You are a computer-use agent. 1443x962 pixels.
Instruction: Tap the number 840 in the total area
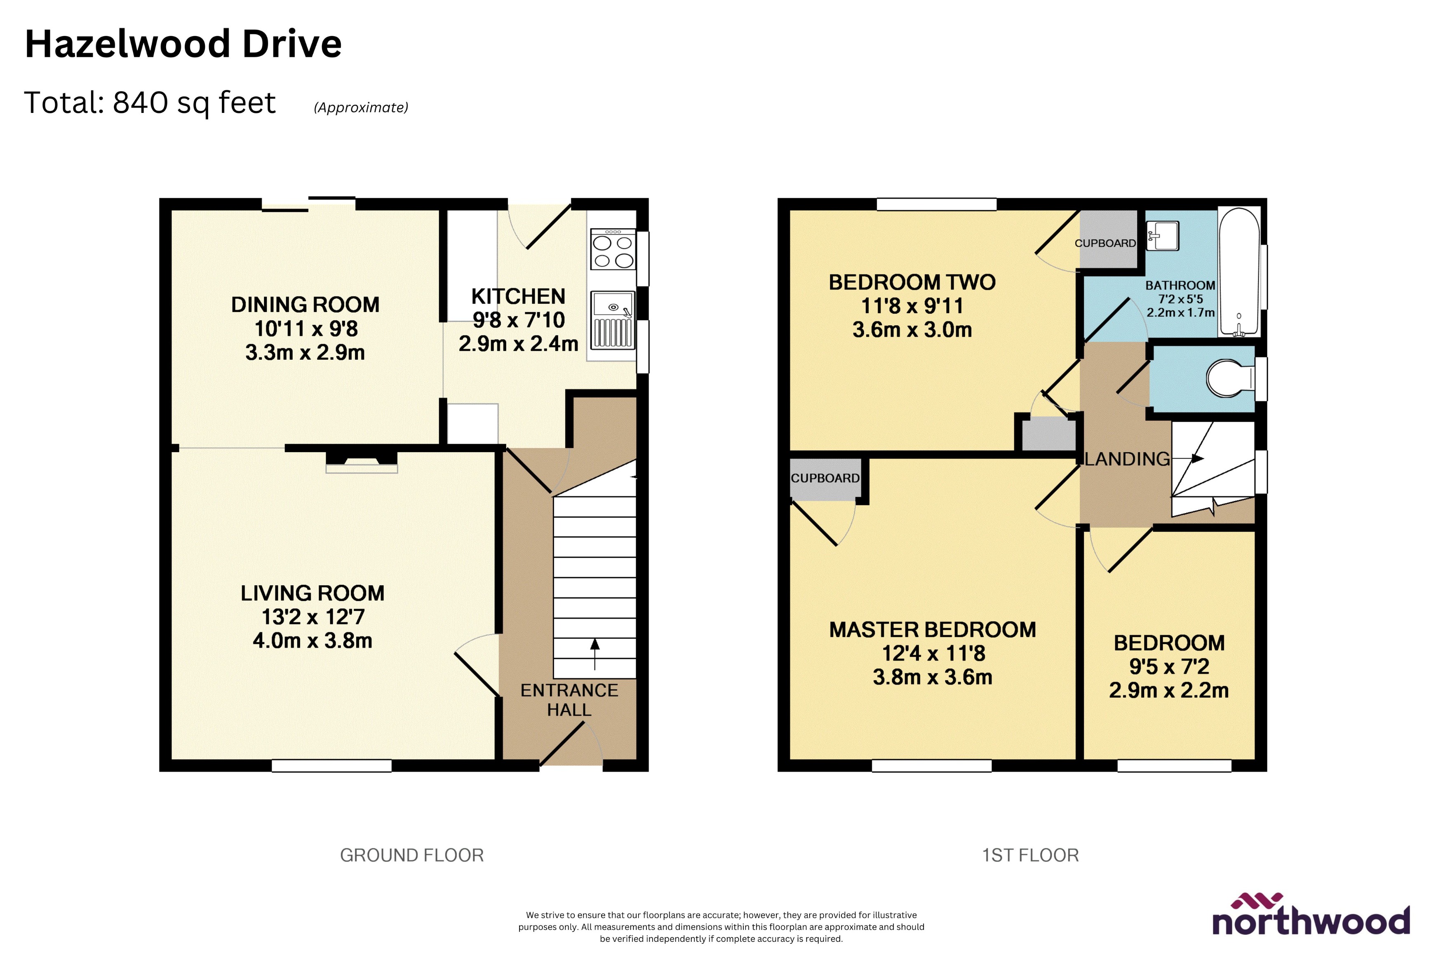[x=141, y=103]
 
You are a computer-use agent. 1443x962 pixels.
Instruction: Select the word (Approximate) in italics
[x=361, y=107]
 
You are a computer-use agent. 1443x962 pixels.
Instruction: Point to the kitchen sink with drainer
[x=612, y=320]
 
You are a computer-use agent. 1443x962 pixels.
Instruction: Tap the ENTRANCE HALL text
[x=569, y=700]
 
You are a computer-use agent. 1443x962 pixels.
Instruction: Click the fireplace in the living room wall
[x=361, y=462]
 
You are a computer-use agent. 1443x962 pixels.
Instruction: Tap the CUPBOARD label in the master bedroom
[x=825, y=478]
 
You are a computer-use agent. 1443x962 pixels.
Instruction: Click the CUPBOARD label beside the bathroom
[x=1105, y=243]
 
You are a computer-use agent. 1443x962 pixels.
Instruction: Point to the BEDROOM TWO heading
[x=912, y=282]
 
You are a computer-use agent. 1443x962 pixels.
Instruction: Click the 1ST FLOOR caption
[x=1030, y=855]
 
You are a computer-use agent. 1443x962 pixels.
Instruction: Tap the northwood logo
[x=1311, y=915]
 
